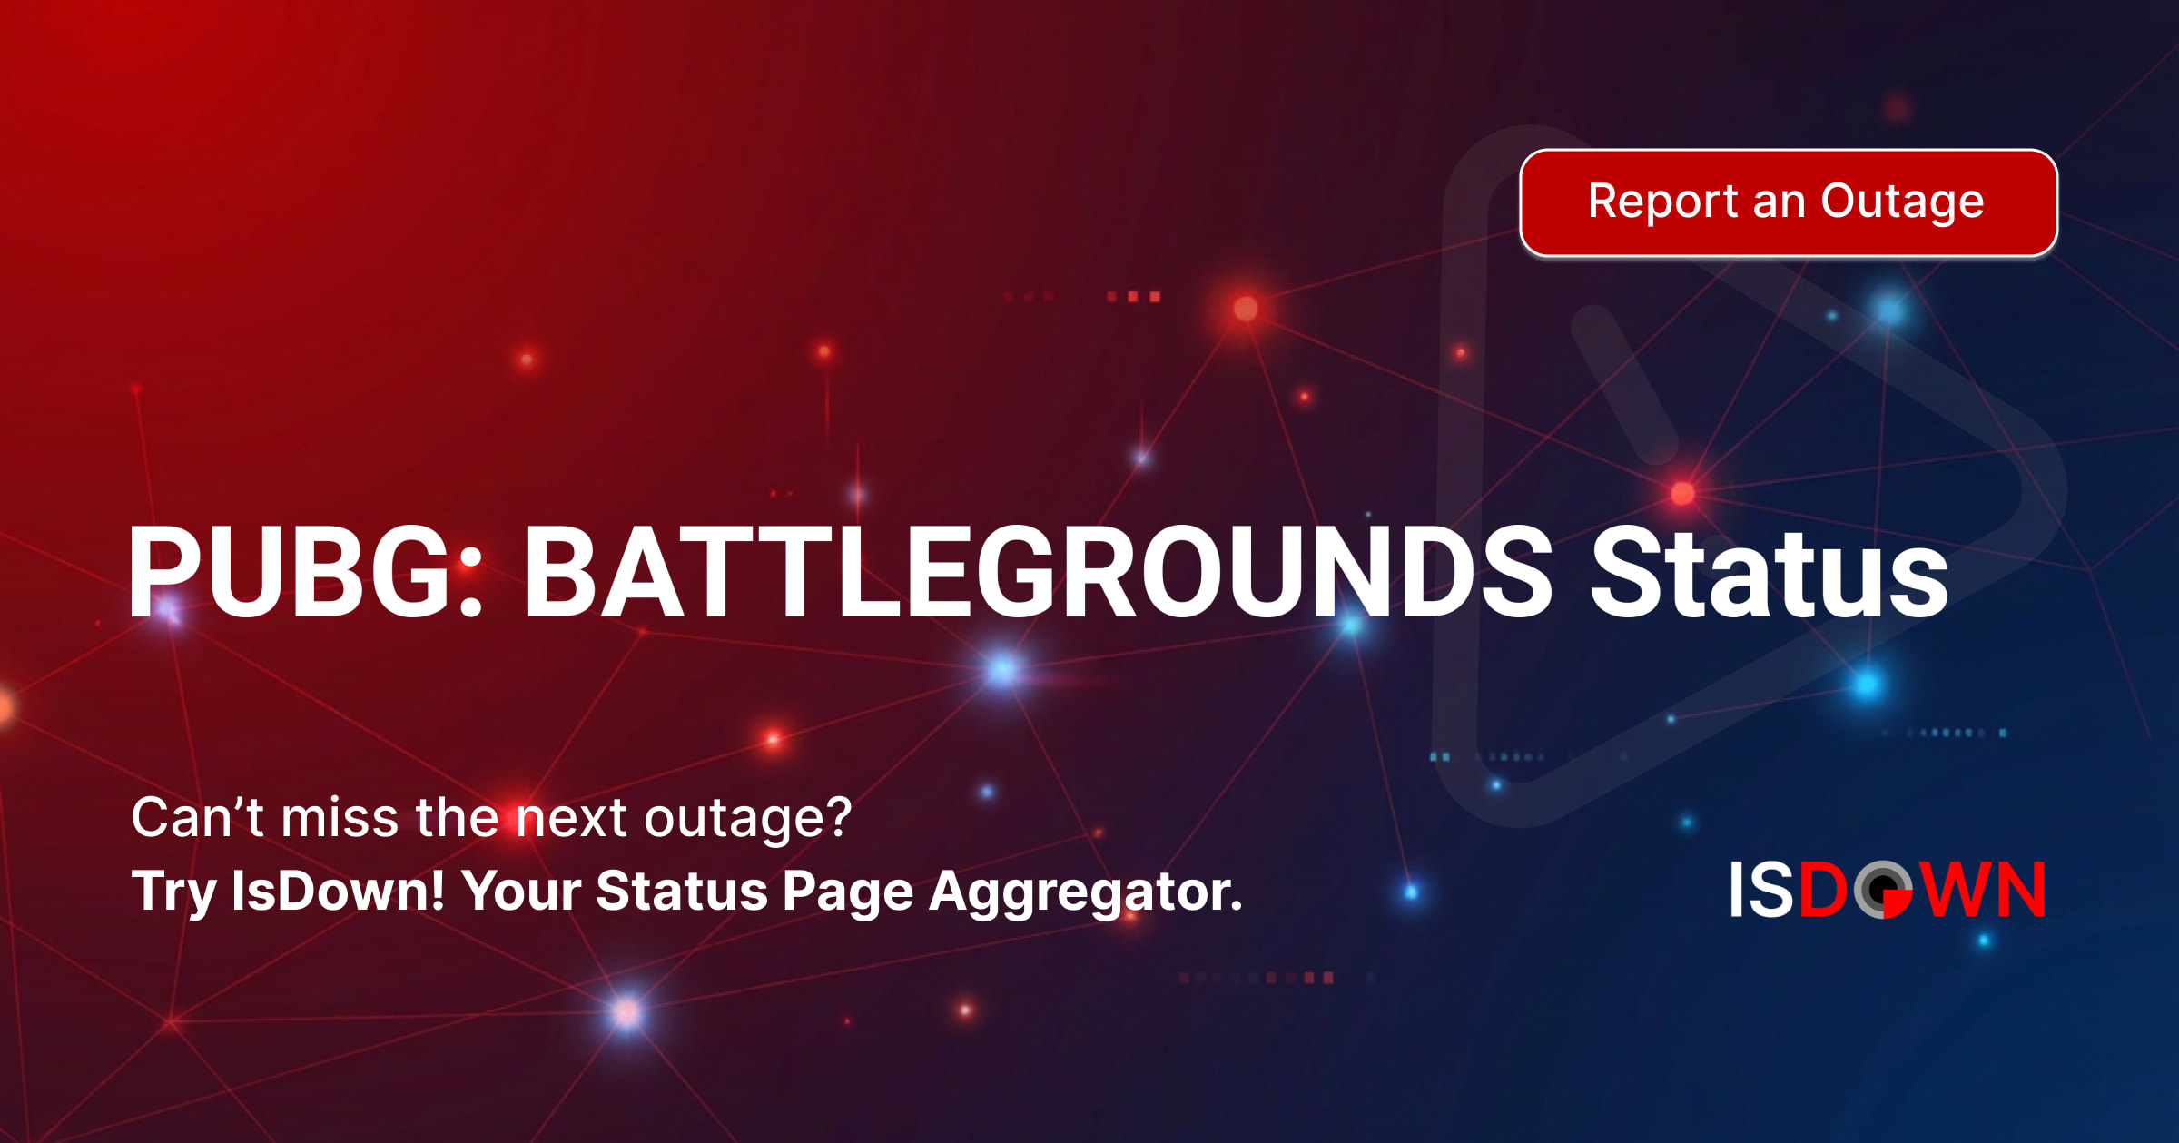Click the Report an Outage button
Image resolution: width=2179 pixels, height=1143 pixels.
1788,202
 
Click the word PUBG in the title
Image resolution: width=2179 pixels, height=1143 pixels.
289,572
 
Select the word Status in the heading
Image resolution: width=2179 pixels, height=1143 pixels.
1769,572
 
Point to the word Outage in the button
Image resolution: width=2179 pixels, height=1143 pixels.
1902,202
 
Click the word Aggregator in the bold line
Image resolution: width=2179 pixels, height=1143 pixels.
1085,892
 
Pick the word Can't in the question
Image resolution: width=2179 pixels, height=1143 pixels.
197,817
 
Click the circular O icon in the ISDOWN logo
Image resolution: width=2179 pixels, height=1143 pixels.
1883,890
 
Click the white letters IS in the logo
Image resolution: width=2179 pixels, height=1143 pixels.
1761,890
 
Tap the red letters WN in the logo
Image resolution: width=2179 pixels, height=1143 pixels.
1984,890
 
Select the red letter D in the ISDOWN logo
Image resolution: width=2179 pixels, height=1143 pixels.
1822,890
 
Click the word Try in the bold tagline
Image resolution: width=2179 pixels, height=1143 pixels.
173,892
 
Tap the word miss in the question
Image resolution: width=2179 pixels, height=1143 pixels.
340,817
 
